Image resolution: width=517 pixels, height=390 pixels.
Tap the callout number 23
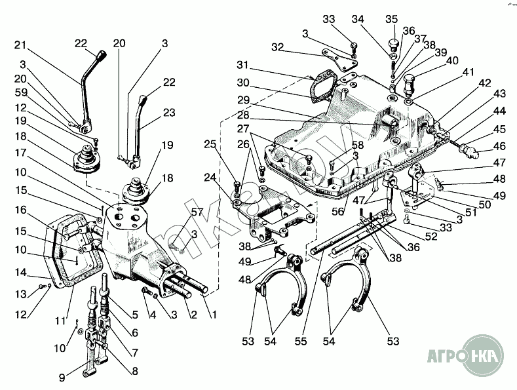169,113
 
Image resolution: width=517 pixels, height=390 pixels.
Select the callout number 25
210,144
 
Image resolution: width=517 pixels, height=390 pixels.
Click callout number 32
278,47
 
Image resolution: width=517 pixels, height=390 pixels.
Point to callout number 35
391,18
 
